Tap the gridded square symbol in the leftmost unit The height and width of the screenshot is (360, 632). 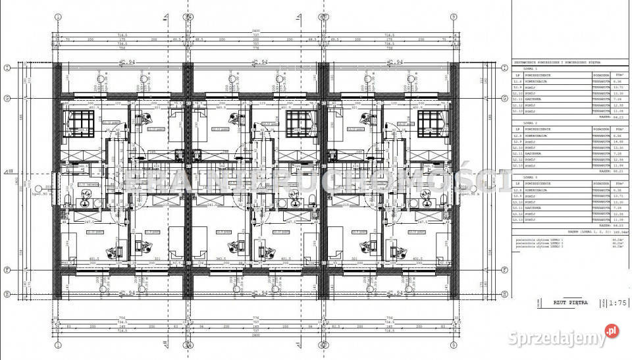[x=74, y=123]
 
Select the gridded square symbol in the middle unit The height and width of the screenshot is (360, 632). [x=297, y=123]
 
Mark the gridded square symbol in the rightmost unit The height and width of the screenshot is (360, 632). [x=428, y=123]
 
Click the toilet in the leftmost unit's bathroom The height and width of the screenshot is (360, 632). [x=70, y=197]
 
